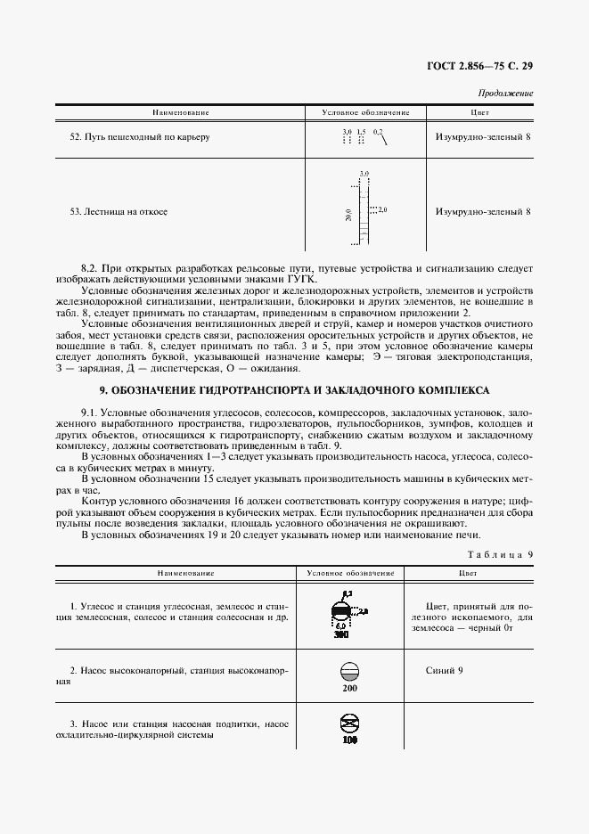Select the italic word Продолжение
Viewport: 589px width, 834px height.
(x=505, y=93)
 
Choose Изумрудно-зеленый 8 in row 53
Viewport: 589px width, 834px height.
(x=483, y=212)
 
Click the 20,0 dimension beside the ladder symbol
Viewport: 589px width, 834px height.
(x=348, y=215)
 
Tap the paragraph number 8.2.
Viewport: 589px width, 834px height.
(x=90, y=267)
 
